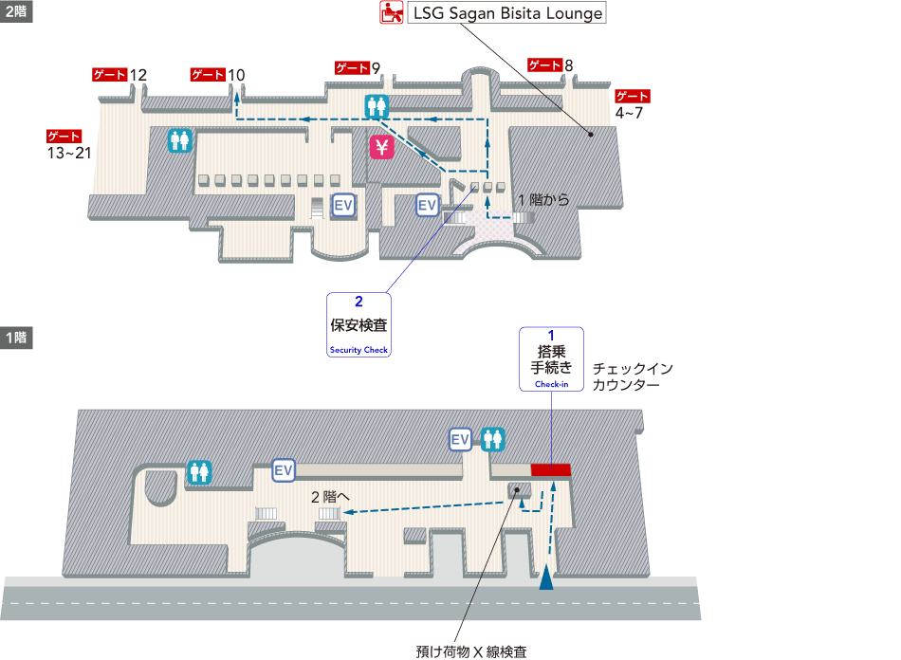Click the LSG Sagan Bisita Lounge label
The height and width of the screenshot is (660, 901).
pos(506,14)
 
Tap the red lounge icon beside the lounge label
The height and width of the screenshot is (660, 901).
pos(389,13)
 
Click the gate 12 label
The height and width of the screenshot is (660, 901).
pos(120,75)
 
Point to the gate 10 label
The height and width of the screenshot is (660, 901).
pos(218,75)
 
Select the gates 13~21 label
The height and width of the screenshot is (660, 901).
pos(68,144)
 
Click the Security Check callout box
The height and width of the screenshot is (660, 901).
pos(359,324)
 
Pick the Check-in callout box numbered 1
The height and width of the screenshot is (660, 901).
pos(551,359)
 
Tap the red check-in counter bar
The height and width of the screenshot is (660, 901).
pos(550,469)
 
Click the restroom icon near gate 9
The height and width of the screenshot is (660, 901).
pos(377,106)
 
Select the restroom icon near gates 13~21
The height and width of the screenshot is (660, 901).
pos(180,140)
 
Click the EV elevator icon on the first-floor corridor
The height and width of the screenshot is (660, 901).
pos(283,469)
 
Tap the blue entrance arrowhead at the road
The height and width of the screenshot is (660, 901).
pos(546,577)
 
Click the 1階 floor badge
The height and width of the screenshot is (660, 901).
pos(16,338)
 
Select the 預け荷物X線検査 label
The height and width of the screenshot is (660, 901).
pos(470,651)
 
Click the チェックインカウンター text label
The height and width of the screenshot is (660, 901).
pos(632,377)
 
